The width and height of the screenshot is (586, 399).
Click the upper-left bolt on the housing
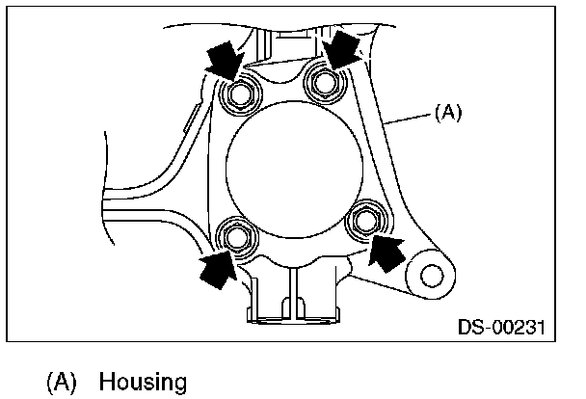240,94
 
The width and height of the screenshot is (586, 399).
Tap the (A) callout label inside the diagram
449,113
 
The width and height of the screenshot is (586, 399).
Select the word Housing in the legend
142,382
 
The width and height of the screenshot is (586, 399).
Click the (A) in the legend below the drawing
62,382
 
